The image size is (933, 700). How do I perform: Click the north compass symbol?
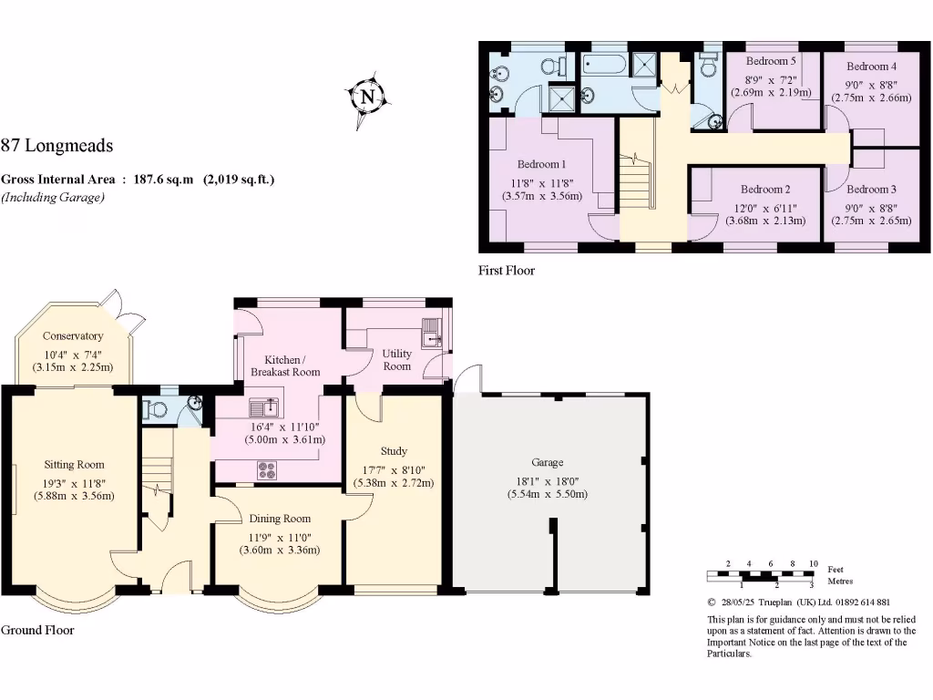coord(366,96)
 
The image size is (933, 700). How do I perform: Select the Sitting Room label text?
coord(74,464)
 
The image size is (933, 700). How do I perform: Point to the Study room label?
coord(394,451)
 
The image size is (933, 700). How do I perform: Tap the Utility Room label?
coord(396,359)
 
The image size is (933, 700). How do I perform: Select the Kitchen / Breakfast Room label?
coord(285,365)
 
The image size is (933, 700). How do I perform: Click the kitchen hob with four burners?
coord(268,470)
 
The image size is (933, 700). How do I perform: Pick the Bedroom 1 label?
coord(542,164)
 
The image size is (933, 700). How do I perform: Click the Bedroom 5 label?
coord(771,61)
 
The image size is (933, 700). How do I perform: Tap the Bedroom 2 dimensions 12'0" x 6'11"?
coord(764,207)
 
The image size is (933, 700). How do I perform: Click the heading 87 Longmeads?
coord(56,145)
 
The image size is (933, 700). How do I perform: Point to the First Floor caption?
coord(507,271)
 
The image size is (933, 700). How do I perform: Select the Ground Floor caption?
coord(37,630)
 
